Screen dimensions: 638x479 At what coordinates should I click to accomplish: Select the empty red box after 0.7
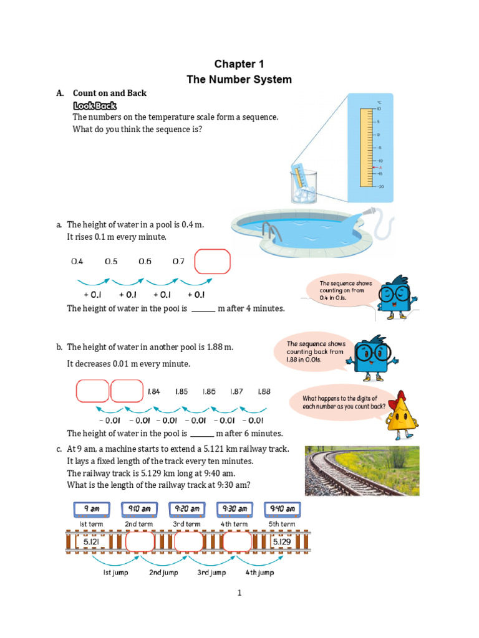[x=213, y=262]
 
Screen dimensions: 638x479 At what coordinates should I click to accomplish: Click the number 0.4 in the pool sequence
[x=77, y=262]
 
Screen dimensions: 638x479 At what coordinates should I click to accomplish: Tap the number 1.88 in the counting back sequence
[x=263, y=392]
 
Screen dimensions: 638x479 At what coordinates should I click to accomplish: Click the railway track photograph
[x=362, y=470]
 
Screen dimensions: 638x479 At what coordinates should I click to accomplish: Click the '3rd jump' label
[x=211, y=573]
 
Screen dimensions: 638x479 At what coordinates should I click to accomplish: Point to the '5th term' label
[x=282, y=524]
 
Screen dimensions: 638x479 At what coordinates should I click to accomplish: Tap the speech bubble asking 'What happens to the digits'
[x=341, y=402]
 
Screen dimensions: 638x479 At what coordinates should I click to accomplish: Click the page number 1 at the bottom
[x=238, y=593]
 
